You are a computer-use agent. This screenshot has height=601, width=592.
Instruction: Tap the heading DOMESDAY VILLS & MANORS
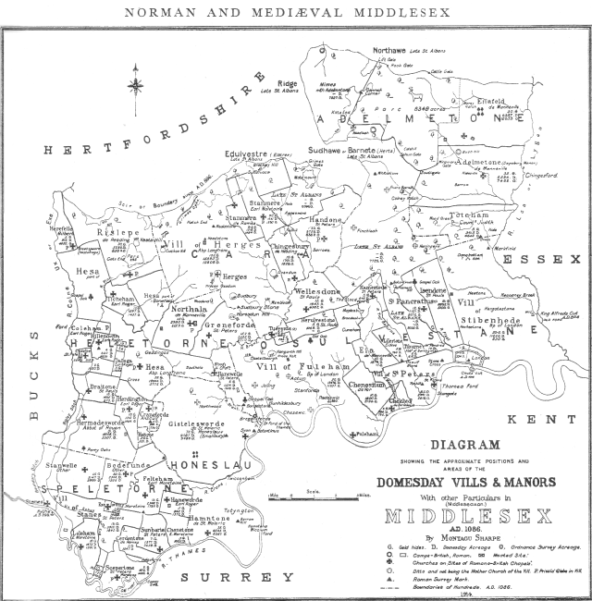[x=466, y=482]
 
